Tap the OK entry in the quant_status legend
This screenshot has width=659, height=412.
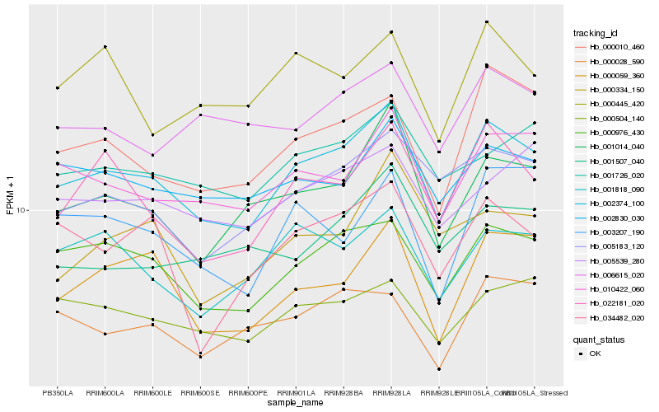[595, 353]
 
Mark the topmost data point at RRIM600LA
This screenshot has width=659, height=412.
[105, 47]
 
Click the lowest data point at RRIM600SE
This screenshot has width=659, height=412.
[201, 357]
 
